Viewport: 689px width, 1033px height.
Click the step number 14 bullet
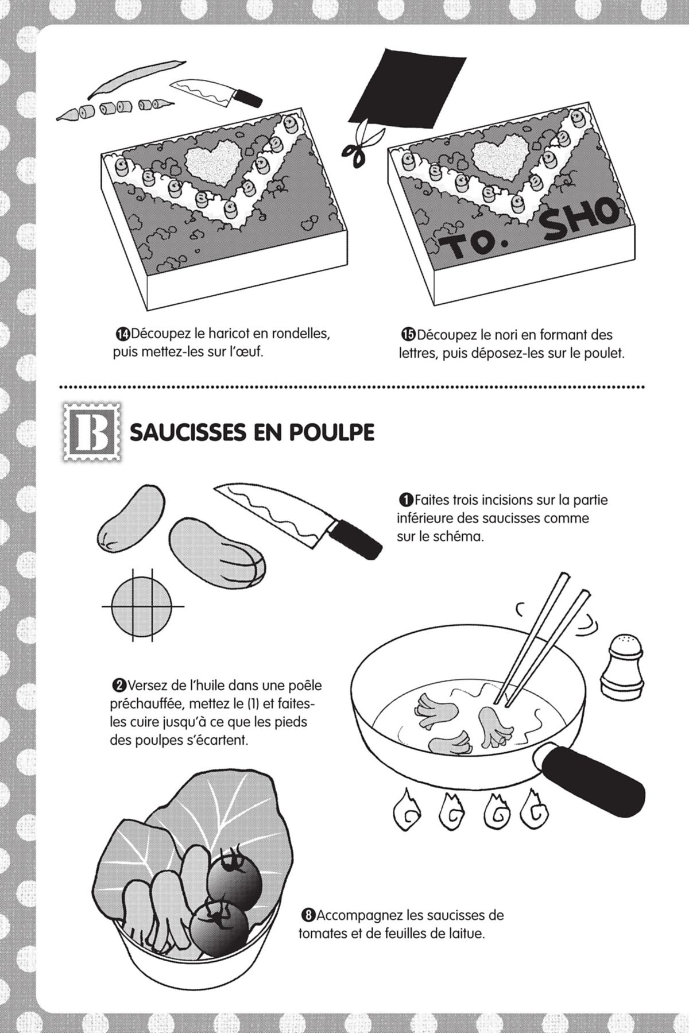(x=122, y=334)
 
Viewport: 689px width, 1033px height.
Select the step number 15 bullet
(x=408, y=334)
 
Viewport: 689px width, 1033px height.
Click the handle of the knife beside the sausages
(x=357, y=537)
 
